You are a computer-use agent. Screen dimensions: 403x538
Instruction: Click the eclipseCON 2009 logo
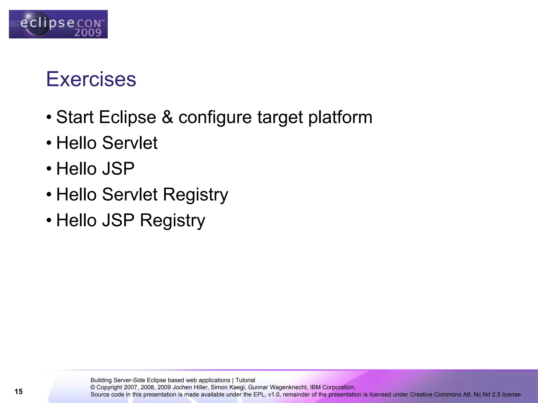pyautogui.click(x=58, y=24)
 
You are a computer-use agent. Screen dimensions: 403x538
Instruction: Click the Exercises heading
pyautogui.click(x=91, y=79)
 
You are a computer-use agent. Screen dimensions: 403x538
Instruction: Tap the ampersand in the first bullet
pyautogui.click(x=167, y=117)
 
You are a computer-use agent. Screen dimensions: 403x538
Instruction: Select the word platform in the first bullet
pyautogui.click(x=340, y=117)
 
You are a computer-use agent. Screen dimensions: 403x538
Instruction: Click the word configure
pyautogui.click(x=215, y=117)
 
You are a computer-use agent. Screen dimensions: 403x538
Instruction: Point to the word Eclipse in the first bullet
pyautogui.click(x=128, y=117)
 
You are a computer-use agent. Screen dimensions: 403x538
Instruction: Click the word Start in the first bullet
pyautogui.click(x=75, y=117)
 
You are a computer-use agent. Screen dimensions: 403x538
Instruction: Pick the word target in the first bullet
pyautogui.click(x=280, y=117)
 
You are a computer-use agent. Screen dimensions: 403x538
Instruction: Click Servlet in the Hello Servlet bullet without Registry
pyautogui.click(x=130, y=143)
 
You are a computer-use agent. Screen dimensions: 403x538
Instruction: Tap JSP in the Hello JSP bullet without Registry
pyautogui.click(x=118, y=169)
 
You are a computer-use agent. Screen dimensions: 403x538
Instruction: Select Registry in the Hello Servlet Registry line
pyautogui.click(x=195, y=195)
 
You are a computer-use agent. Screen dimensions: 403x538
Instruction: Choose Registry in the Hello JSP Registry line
pyautogui.click(x=172, y=221)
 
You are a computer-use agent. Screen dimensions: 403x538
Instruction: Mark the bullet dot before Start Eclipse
pyautogui.click(x=49, y=117)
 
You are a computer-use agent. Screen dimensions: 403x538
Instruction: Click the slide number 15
pyautogui.click(x=19, y=391)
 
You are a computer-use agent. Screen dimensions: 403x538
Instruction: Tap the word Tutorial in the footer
pyautogui.click(x=245, y=380)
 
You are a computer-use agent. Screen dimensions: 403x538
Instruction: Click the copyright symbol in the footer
pyautogui.click(x=93, y=388)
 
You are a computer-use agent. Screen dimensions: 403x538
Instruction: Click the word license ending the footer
pyautogui.click(x=511, y=395)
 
